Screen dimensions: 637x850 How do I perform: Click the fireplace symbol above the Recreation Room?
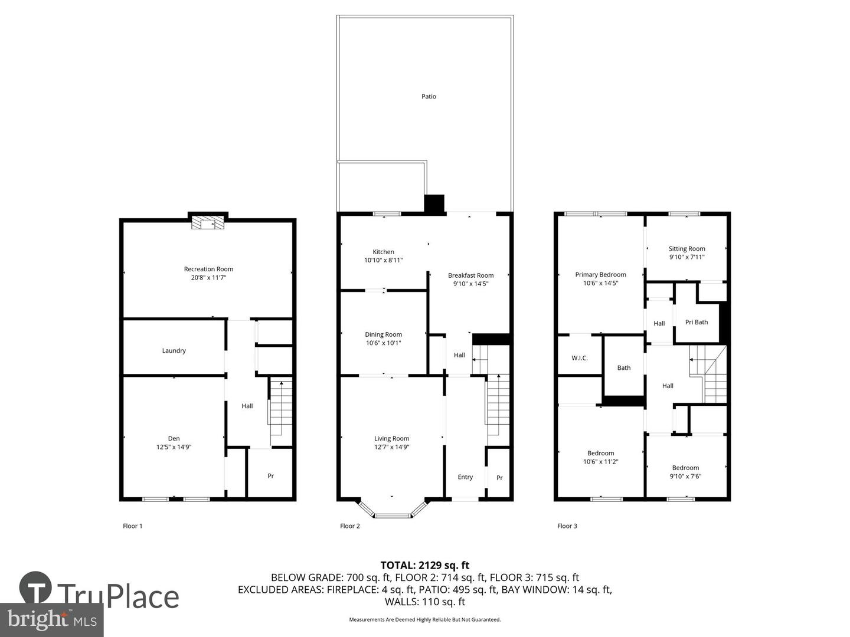(x=208, y=223)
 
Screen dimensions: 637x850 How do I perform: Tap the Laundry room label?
(x=174, y=351)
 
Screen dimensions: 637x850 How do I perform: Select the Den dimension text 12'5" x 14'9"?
(x=174, y=447)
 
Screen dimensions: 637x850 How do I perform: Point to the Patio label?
(x=429, y=97)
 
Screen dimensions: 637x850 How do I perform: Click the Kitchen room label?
(x=384, y=252)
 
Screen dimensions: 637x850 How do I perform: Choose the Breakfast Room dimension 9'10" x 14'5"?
(x=471, y=284)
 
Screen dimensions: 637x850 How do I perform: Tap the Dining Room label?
(x=384, y=334)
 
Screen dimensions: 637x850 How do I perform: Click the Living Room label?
(x=392, y=438)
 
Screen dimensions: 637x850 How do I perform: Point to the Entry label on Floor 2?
(x=465, y=477)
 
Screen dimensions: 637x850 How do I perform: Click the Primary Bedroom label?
(x=601, y=274)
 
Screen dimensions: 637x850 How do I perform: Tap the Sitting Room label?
(x=687, y=249)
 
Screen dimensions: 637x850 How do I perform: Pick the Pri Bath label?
(x=697, y=322)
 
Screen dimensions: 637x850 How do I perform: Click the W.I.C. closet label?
(x=580, y=358)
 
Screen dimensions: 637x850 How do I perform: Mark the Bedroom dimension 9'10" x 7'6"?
(x=685, y=477)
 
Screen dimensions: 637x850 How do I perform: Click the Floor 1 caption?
(x=133, y=526)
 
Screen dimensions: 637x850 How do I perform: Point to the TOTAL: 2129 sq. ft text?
(x=425, y=565)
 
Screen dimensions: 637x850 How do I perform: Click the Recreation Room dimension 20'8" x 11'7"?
(x=209, y=277)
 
